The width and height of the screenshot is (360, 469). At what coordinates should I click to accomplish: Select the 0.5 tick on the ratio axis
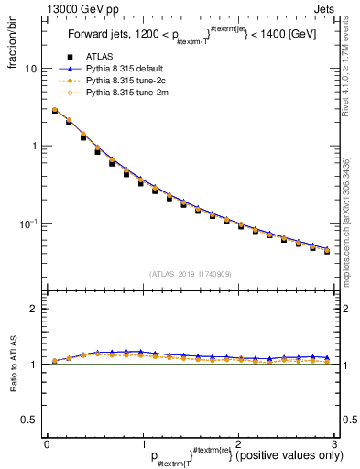tap(30, 420)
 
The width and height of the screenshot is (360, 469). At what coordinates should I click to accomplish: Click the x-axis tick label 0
tap(47, 443)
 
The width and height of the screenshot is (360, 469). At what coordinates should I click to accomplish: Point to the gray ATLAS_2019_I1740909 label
tap(190, 274)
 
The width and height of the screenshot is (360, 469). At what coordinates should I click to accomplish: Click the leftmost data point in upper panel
tap(55, 111)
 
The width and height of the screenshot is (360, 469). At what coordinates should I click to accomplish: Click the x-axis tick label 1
tap(142, 443)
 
